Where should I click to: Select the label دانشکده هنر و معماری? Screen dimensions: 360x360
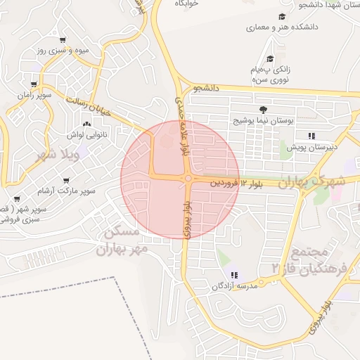282,27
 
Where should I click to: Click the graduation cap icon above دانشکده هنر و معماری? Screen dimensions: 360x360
282,16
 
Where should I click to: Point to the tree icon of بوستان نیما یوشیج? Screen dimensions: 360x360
263,109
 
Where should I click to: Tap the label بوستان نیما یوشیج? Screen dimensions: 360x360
264,121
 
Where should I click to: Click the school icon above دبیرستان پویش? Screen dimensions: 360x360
311,136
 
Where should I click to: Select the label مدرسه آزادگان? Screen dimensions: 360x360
236,286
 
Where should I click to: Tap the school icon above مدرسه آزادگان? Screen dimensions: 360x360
234,275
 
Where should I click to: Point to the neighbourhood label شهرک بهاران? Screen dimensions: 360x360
312,181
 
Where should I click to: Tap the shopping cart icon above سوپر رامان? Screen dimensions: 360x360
33,84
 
